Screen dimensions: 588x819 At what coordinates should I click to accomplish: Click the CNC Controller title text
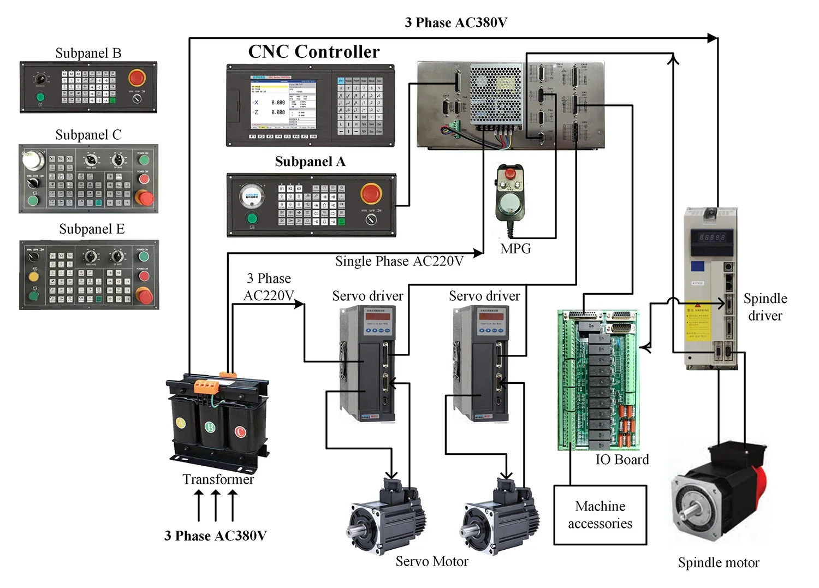[x=314, y=52]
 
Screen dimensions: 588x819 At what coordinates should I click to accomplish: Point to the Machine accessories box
[x=600, y=515]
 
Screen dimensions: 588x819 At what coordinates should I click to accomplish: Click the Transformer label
[x=218, y=479]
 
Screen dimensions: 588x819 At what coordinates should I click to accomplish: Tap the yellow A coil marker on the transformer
[x=180, y=423]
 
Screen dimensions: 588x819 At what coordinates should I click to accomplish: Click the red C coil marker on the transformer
[x=240, y=431]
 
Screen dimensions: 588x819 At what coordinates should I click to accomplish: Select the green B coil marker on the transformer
[x=210, y=427]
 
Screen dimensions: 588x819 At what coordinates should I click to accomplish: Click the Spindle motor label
[x=718, y=563]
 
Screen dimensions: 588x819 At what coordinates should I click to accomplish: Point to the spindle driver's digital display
[x=712, y=237]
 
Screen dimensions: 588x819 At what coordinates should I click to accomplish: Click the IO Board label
[x=622, y=460]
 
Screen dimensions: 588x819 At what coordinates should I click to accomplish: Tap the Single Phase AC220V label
[x=399, y=262]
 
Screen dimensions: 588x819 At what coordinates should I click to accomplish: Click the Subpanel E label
[x=92, y=229]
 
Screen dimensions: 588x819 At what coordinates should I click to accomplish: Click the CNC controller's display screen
[x=283, y=104]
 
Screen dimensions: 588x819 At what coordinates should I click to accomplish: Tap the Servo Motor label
[x=432, y=561]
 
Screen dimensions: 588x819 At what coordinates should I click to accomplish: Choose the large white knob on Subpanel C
[x=33, y=160]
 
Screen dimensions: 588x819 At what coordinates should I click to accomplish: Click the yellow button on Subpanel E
[x=33, y=277]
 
